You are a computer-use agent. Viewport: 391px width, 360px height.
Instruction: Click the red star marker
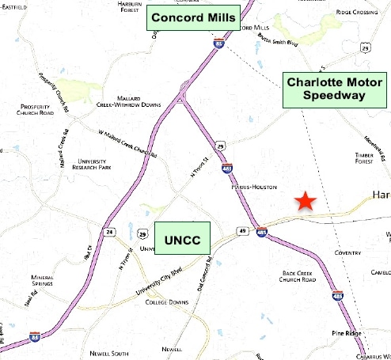[305, 202]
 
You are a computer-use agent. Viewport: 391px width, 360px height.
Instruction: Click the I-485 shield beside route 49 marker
[262, 233]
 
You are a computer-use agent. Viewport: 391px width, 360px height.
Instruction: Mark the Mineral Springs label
[47, 280]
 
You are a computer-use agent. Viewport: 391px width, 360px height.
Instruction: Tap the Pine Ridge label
[347, 334]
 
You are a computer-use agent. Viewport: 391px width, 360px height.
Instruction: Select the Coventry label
[347, 253]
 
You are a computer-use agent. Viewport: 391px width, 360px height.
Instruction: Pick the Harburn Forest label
[129, 7]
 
